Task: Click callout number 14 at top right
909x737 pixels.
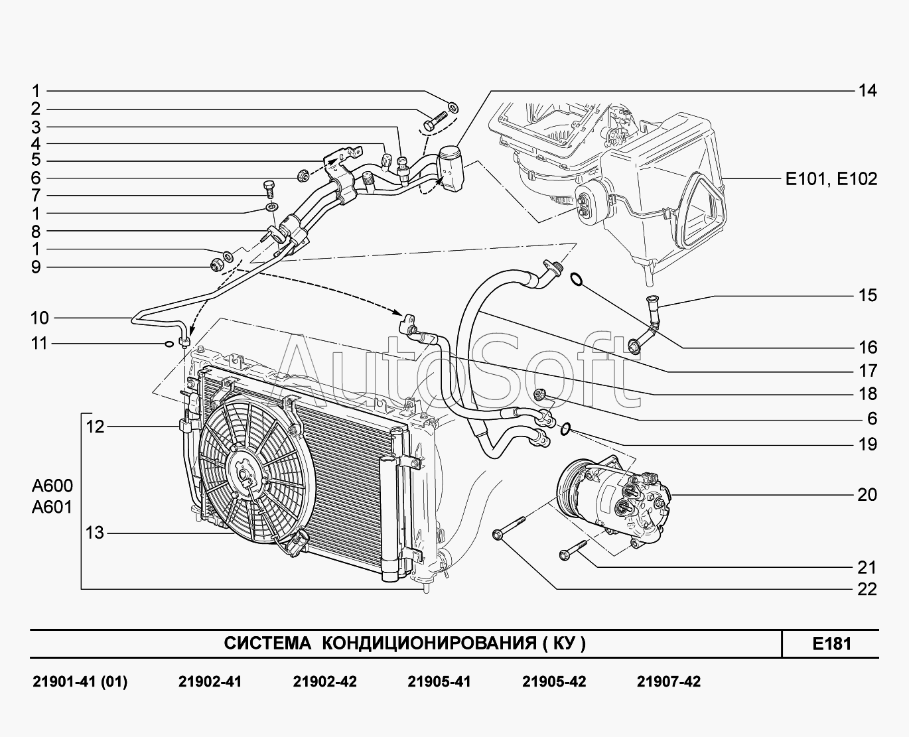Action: [867, 90]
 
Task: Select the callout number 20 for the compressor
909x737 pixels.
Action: [867, 495]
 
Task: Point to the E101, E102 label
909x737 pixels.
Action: [831, 178]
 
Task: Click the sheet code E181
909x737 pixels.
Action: [831, 643]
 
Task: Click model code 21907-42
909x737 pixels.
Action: [668, 682]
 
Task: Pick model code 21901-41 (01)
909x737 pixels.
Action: [80, 682]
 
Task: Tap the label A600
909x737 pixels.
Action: [52, 485]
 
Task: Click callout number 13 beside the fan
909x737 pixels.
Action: [95, 532]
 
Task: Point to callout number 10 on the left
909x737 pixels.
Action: [40, 318]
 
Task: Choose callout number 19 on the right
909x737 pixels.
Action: [867, 444]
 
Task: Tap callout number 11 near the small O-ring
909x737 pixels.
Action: [40, 344]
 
